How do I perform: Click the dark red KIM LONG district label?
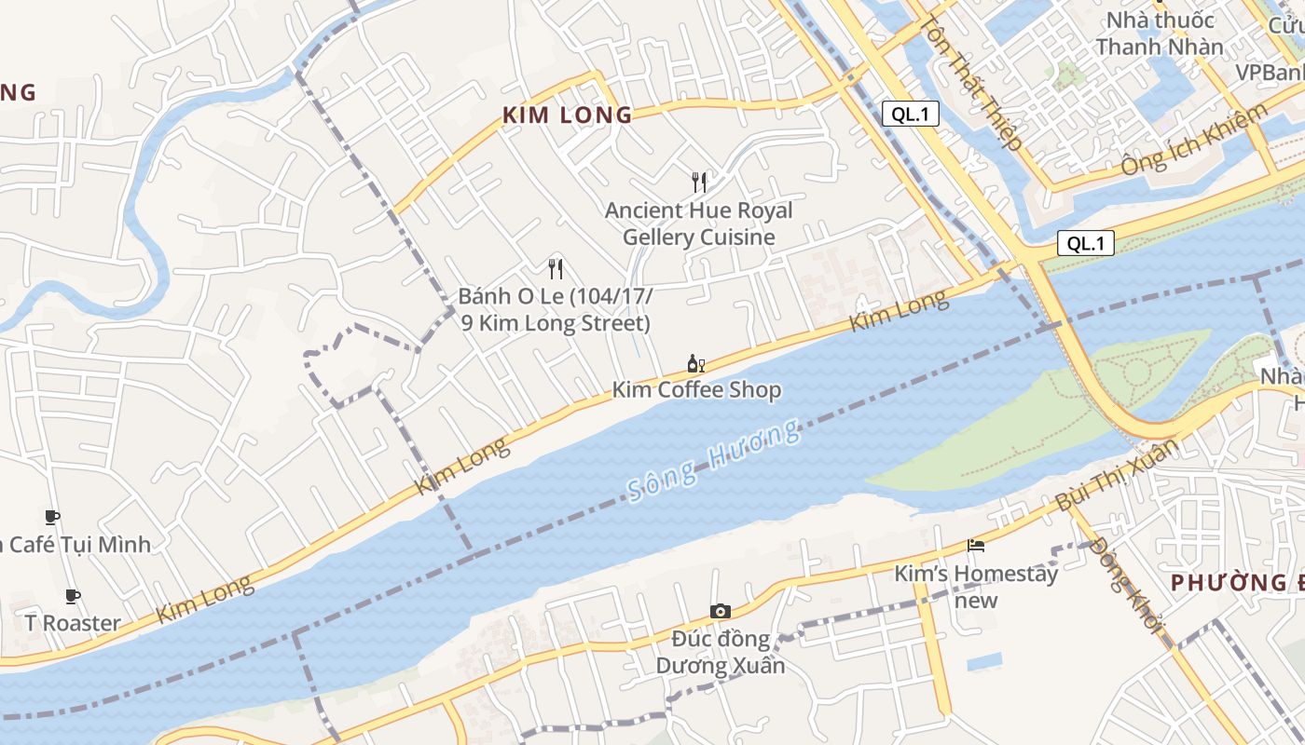coord(567,115)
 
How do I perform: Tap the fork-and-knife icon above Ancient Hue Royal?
coord(699,182)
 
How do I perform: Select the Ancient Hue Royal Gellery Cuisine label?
coord(699,223)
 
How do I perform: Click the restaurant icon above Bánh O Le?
coord(556,269)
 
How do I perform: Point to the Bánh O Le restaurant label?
coord(556,310)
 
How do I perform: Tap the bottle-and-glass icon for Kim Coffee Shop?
coord(695,363)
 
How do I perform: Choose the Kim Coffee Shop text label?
coord(696,389)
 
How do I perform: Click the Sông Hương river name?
coord(713,461)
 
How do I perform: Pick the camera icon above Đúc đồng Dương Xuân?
coord(720,611)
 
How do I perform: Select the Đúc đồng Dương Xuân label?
coord(721,652)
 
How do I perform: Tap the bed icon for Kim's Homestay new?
coord(976,545)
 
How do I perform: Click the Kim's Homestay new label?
coord(976,586)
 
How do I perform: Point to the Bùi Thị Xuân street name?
coord(1116,476)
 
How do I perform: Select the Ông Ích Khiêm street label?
coord(1194,140)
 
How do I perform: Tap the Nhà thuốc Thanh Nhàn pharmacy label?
coord(1160,34)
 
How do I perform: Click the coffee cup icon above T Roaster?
coord(73,596)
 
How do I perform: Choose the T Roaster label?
coord(73,623)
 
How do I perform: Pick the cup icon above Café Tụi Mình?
coord(52,517)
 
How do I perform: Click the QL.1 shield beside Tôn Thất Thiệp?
coord(910,114)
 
